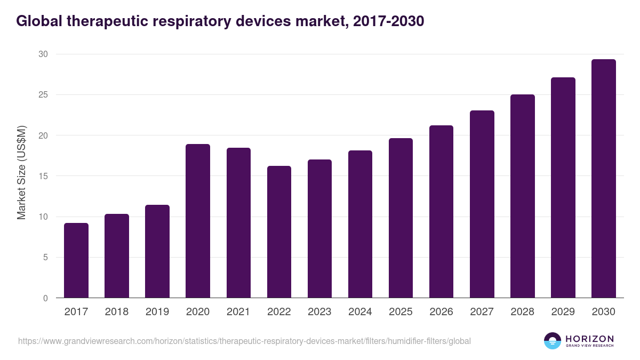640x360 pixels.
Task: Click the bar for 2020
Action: pyautogui.click(x=198, y=221)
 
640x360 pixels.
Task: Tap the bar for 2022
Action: pyautogui.click(x=279, y=232)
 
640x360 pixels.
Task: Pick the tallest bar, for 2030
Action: pyautogui.click(x=603, y=179)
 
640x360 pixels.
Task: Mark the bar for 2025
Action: pyautogui.click(x=401, y=218)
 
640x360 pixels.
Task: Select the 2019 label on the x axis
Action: pyautogui.click(x=157, y=312)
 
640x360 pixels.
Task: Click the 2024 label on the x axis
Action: pyautogui.click(x=360, y=312)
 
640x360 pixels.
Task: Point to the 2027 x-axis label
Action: pyautogui.click(x=482, y=312)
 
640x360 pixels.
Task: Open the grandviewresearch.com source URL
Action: pyautogui.click(x=244, y=341)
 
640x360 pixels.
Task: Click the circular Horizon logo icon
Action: pyautogui.click(x=553, y=341)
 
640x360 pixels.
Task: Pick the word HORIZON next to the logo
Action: pyautogui.click(x=589, y=339)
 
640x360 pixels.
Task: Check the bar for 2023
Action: pyautogui.click(x=319, y=229)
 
